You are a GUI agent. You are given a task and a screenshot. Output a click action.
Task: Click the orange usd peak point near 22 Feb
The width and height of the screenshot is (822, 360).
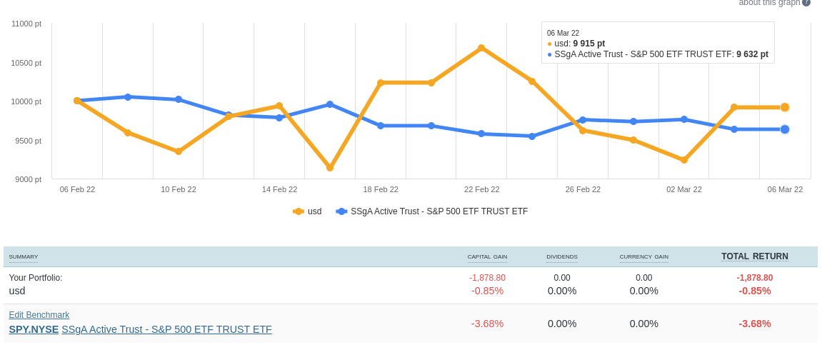(481, 48)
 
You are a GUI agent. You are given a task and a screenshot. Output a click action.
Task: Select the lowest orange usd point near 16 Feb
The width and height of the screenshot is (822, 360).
(330, 167)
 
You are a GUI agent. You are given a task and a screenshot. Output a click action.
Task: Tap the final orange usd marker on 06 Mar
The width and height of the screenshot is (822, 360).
(785, 107)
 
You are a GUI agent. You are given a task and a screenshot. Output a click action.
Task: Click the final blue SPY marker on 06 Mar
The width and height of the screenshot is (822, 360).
(785, 129)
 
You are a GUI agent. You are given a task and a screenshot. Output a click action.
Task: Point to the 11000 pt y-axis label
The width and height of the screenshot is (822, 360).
(26, 24)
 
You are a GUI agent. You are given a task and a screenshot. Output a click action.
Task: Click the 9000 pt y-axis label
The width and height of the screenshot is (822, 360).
(29, 179)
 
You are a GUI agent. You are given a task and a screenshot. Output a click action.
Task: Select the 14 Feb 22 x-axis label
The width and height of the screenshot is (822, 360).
(279, 189)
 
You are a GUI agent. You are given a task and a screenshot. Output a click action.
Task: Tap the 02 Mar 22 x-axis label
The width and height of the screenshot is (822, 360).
(684, 189)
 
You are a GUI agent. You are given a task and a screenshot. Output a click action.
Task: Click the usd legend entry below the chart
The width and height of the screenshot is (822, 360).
(308, 211)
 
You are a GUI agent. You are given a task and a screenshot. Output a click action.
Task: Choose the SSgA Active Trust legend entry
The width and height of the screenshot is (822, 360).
(432, 211)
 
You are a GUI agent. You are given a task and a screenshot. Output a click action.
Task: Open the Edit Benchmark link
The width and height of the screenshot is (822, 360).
(39, 315)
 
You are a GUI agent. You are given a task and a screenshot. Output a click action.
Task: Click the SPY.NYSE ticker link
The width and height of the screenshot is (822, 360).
(34, 329)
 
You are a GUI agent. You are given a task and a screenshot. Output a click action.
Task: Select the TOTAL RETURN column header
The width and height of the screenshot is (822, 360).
(754, 256)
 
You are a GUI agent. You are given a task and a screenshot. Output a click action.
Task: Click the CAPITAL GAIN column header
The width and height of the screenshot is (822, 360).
(487, 257)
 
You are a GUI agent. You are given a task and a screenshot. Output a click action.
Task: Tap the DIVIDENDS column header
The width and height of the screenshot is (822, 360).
(562, 257)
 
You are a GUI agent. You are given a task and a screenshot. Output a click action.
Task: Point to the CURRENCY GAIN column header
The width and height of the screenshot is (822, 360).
(643, 257)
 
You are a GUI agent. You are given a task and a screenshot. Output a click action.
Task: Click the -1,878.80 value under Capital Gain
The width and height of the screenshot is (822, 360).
(487, 278)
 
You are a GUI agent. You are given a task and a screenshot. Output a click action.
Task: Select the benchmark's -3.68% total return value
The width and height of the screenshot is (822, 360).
(754, 324)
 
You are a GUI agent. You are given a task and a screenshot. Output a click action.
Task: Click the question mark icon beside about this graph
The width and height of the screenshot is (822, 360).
(806, 2)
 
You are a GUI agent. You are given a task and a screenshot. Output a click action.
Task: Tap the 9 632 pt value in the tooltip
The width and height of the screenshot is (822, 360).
(752, 54)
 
